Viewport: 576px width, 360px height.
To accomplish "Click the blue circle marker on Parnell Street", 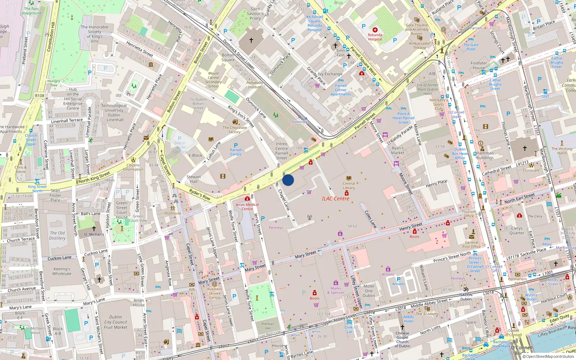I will coord(288,180).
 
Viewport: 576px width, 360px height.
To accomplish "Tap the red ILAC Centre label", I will coord(335,199).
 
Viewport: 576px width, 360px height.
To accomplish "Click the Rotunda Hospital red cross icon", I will coord(375,30).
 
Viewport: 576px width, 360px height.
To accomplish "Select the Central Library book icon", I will coord(348,178).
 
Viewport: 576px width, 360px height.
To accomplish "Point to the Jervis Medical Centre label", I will coord(247,207).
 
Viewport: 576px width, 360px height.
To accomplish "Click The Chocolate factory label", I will coord(235,130).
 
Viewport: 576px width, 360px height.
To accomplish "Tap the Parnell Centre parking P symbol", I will coord(236,145).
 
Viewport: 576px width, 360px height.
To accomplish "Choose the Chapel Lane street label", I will coord(284,200).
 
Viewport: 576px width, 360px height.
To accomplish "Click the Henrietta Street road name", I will coord(139,49).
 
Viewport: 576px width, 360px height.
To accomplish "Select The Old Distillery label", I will coord(57,235).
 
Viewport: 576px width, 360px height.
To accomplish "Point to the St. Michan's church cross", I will coord(94,229).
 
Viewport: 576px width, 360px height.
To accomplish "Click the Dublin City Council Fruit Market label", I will coord(116,322).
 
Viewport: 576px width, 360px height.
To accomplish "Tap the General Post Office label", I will coord(471,244).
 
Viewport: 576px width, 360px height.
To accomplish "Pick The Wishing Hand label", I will coord(562,151).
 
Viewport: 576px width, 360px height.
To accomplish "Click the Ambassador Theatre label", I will coord(419,45).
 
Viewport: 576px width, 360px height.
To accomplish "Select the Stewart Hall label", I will coord(194,179).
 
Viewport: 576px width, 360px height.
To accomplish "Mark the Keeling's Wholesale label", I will coord(62,271).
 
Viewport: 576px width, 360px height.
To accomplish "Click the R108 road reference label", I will coord(40,96).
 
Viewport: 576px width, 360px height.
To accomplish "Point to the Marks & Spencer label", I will coord(336,291).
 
